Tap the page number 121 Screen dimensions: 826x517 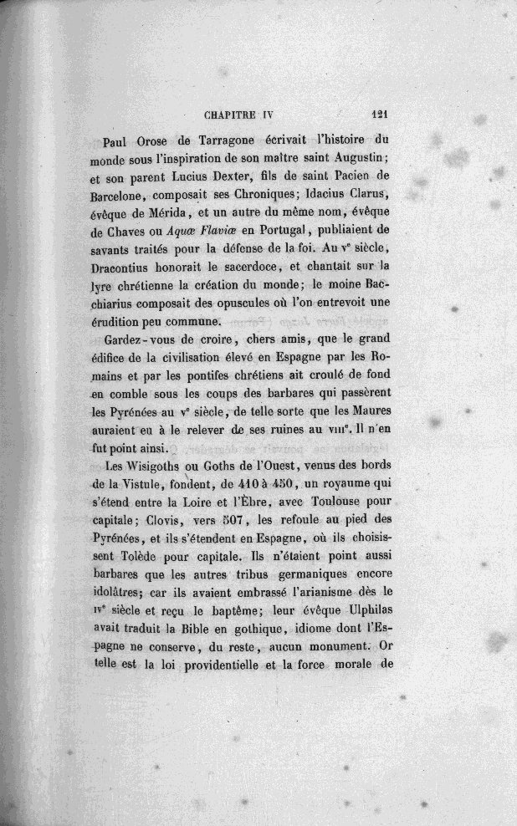tap(381, 117)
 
